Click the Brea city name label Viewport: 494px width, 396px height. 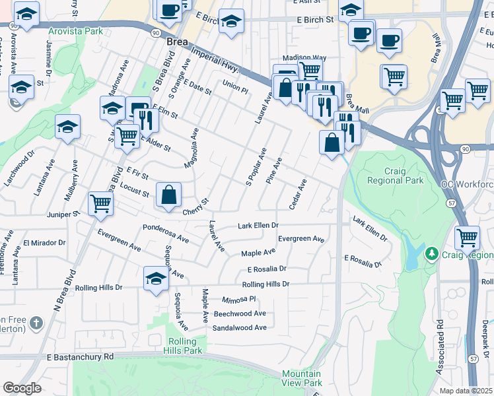(177, 41)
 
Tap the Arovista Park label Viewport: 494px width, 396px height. (75, 31)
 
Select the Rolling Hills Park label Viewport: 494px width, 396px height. (182, 346)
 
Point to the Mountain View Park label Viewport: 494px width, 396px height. (302, 378)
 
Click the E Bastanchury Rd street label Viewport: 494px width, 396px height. (80, 356)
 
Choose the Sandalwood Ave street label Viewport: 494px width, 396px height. (239, 327)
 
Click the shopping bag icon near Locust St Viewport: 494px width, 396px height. (169, 195)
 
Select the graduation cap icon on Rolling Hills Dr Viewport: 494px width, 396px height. (156, 277)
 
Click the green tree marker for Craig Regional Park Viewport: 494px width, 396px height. (432, 253)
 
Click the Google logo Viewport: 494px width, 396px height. (22, 388)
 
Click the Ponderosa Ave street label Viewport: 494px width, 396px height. (166, 228)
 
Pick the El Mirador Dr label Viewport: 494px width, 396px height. (44, 243)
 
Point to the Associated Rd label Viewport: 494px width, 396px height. (440, 346)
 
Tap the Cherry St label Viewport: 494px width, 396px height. (195, 207)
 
